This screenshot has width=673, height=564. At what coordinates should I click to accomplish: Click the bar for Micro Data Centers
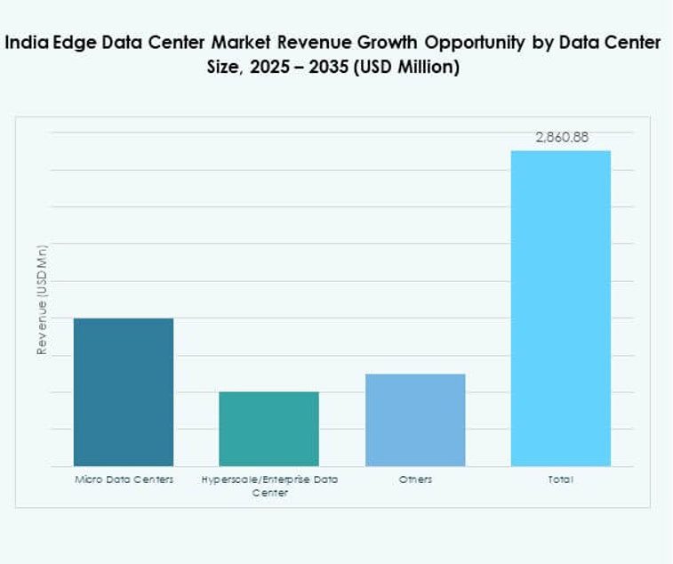(124, 391)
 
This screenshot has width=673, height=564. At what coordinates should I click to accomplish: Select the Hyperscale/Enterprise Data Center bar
(269, 428)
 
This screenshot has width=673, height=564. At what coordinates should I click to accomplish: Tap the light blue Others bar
(415, 419)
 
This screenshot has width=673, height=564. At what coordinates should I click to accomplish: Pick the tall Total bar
(560, 308)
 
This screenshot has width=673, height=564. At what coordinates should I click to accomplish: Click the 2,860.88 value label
(561, 138)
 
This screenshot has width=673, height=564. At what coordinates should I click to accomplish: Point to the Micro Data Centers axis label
(124, 479)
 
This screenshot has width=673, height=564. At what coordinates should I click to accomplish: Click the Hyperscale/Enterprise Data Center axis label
(269, 485)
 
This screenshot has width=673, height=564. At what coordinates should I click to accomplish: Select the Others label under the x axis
(415, 479)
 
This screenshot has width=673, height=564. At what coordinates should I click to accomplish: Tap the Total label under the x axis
(560, 479)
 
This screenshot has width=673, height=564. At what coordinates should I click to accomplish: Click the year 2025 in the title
(271, 68)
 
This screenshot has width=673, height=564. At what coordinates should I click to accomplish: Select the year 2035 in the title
(325, 68)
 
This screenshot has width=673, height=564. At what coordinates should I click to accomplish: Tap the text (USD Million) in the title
(405, 68)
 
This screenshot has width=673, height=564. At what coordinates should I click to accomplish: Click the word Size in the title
(229, 68)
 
